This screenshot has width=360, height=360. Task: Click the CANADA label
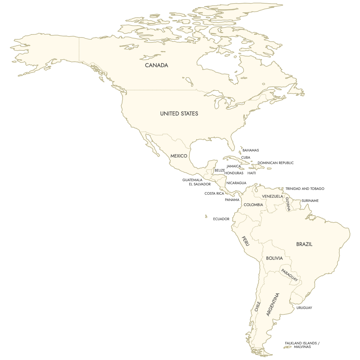point(156,65)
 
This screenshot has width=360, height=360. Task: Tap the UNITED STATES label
point(179,114)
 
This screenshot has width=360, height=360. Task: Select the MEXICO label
point(179,156)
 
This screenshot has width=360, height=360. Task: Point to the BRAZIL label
point(304,244)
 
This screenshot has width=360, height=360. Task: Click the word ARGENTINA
point(273,304)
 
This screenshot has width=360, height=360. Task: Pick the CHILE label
point(257,306)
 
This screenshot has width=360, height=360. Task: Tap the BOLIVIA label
point(274,258)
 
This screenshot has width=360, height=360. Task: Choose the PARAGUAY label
point(289,275)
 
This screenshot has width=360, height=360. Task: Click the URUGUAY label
point(304,308)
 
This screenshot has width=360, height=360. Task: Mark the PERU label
point(246,241)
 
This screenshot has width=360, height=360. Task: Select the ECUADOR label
point(221,219)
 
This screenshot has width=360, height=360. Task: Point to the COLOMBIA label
point(253,205)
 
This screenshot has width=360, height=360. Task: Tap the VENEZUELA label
point(272,196)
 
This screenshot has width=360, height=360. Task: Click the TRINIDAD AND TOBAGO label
point(305,189)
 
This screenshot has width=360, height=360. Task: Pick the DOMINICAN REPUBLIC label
point(275,163)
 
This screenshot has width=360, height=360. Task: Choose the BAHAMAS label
point(250,150)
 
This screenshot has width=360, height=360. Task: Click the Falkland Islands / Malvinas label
point(302,345)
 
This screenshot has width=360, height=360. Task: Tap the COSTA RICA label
point(214,193)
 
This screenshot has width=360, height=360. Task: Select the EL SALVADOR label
point(200,184)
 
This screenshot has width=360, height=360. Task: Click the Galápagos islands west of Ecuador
point(206,216)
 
